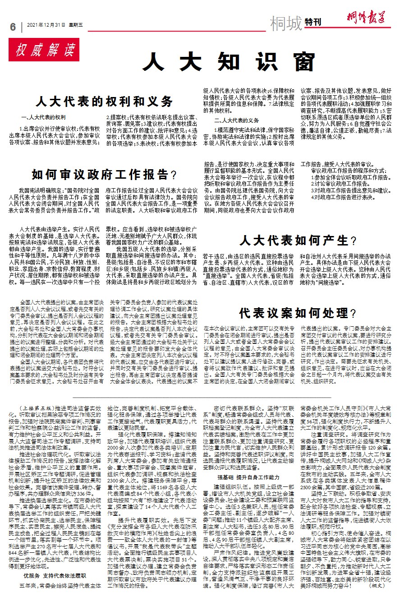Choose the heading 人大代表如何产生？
tap(298, 240)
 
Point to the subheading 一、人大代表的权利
tap(44, 117)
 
